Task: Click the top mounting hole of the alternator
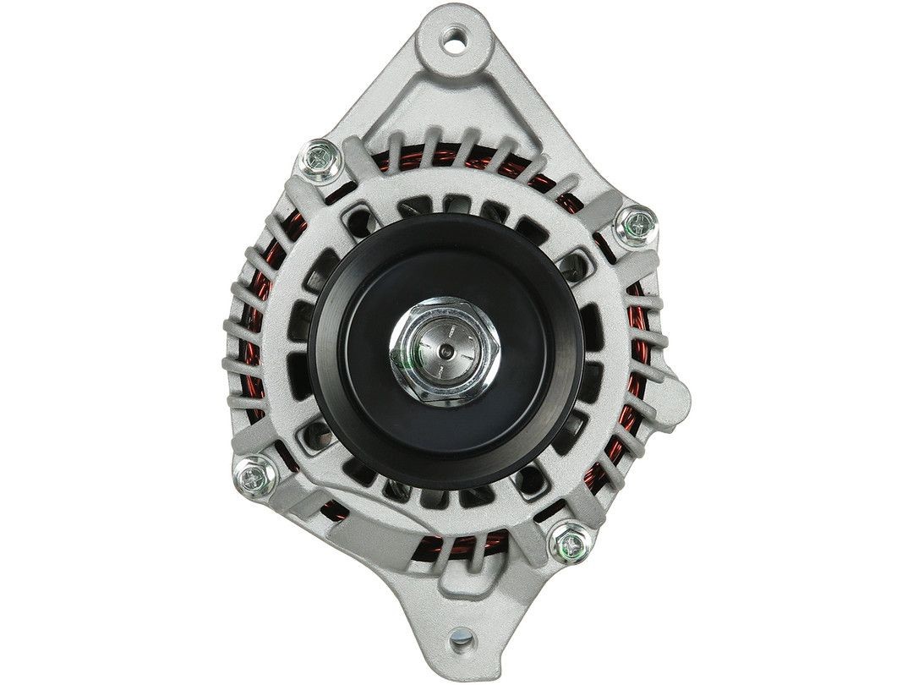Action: click(456, 36)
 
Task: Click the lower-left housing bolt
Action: click(254, 475)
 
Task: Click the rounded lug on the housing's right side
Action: click(676, 397)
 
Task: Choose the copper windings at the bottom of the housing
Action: click(456, 541)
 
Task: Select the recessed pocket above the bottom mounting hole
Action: click(456, 592)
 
